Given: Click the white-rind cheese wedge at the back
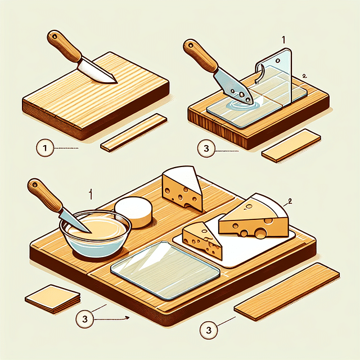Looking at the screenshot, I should (182, 190).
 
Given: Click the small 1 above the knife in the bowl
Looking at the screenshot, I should (90, 194).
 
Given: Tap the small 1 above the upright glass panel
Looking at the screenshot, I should (282, 41).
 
